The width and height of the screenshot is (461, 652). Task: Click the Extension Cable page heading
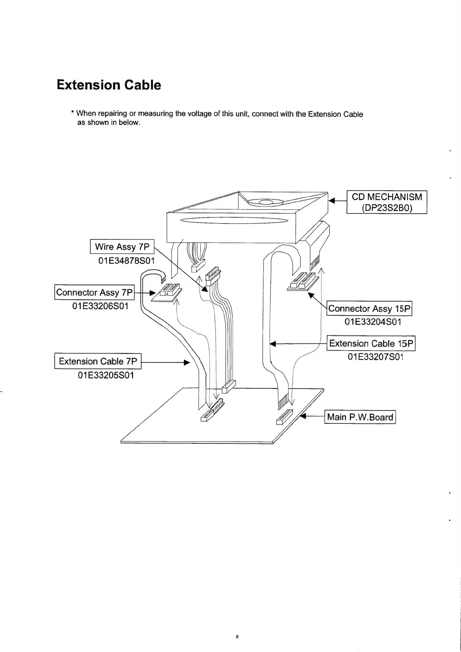[109, 85]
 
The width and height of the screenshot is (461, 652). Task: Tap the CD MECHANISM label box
[386, 202]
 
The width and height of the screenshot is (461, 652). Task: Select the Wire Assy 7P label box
[122, 246]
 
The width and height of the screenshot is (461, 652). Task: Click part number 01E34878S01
[126, 260]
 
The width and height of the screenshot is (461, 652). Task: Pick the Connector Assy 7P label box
[94, 292]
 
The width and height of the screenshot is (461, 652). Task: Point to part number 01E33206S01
[100, 306]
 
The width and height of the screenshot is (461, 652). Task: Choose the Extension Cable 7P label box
[98, 361]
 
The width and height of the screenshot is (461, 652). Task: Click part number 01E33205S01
[106, 375]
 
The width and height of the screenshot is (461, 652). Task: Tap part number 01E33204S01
[373, 322]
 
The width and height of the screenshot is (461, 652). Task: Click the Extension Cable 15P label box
[371, 343]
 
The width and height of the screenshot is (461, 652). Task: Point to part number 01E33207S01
[375, 357]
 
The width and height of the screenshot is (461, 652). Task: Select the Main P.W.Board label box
[360, 417]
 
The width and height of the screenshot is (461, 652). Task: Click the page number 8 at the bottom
[237, 637]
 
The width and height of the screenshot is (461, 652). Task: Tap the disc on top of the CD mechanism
[265, 202]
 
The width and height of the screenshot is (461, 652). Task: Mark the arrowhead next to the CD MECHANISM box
[331, 201]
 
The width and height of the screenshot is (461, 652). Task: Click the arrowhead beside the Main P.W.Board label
[304, 417]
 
